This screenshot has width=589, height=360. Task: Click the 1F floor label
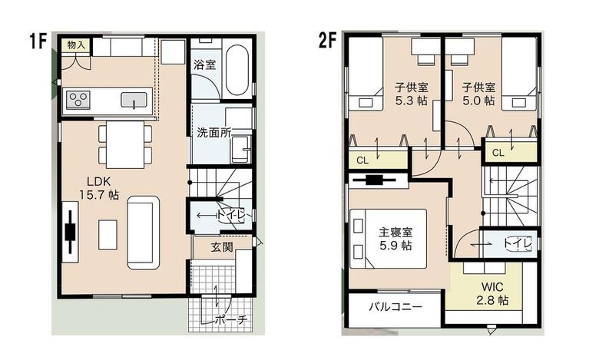38,41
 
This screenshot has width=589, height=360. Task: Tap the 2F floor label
328,40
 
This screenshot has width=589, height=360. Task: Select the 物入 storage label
76,45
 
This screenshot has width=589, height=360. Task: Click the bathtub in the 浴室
237,70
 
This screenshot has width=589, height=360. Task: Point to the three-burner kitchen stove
78,100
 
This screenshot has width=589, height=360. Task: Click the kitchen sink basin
134,100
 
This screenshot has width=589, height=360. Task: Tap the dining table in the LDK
125,144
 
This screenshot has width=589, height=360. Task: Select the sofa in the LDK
144,233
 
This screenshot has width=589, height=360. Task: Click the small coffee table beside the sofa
108,235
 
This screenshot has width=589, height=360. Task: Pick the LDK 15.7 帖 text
99,188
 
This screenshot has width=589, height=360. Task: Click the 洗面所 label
213,133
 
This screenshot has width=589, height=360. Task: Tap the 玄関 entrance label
222,246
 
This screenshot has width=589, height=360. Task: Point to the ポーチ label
231,319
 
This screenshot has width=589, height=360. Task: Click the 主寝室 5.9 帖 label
395,239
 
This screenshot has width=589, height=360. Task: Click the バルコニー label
395,307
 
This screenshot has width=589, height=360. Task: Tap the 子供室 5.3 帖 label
412,94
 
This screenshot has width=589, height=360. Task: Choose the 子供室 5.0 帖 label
478,94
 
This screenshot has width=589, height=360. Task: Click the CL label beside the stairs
498,153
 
